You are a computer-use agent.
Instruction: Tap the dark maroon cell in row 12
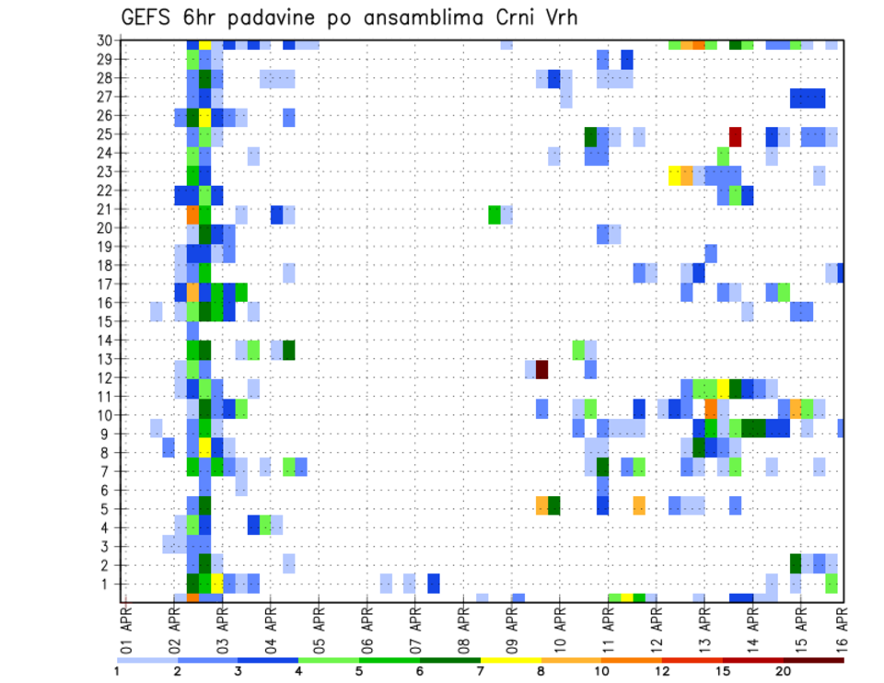click(542, 369)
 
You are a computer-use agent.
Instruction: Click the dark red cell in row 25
click(735, 136)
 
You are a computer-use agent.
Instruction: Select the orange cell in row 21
click(192, 214)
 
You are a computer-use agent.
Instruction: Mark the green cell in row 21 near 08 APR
click(494, 214)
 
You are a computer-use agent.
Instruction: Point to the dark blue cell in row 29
click(627, 60)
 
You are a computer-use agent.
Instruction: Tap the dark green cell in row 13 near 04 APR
click(289, 350)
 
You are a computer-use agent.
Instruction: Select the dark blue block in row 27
click(808, 98)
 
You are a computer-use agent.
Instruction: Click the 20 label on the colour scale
click(783, 671)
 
